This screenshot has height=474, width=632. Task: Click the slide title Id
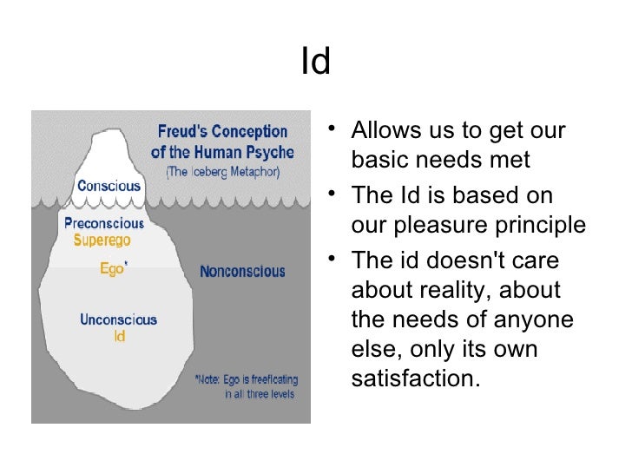point(316,63)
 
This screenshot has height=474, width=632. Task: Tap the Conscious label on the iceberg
point(109,185)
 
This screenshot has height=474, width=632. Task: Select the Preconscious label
point(104,222)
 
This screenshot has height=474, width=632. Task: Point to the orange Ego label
point(112,269)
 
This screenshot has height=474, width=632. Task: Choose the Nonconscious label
point(242,272)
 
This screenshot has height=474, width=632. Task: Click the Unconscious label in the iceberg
point(118,319)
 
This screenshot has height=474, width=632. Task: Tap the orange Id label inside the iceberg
point(119,335)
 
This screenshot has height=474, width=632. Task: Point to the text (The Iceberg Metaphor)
point(222,171)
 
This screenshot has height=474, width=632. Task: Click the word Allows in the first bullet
point(382,132)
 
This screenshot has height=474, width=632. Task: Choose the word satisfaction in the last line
point(416,379)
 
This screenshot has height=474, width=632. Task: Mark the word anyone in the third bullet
point(530,319)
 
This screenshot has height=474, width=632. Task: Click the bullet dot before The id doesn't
point(337,260)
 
